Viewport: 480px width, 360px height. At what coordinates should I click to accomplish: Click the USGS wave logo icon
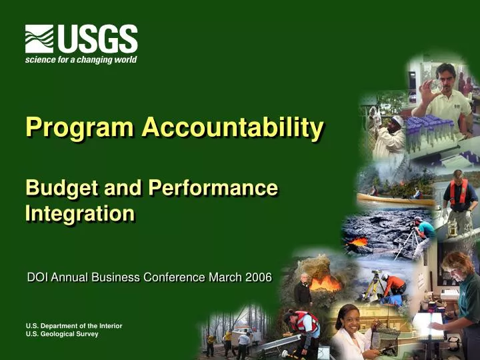39,39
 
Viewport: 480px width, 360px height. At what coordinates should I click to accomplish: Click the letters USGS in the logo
97,39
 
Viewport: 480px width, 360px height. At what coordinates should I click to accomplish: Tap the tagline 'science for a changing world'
81,60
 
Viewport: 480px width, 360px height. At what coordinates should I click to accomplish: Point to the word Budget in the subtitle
55,189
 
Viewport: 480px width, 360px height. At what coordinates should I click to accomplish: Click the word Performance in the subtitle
213,189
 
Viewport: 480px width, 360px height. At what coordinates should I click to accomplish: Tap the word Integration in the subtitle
79,214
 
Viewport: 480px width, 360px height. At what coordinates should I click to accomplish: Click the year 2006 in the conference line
258,277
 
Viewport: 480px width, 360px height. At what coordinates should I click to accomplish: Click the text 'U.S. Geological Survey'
61,334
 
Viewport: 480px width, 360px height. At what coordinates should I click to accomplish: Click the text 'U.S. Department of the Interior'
73,325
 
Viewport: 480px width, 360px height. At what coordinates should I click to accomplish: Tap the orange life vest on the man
458,193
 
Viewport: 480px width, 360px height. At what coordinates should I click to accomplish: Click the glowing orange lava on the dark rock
359,241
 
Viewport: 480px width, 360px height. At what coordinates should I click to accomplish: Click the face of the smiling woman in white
347,317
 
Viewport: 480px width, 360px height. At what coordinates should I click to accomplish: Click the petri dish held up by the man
435,85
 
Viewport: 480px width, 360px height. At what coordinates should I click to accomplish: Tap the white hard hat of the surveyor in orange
385,275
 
